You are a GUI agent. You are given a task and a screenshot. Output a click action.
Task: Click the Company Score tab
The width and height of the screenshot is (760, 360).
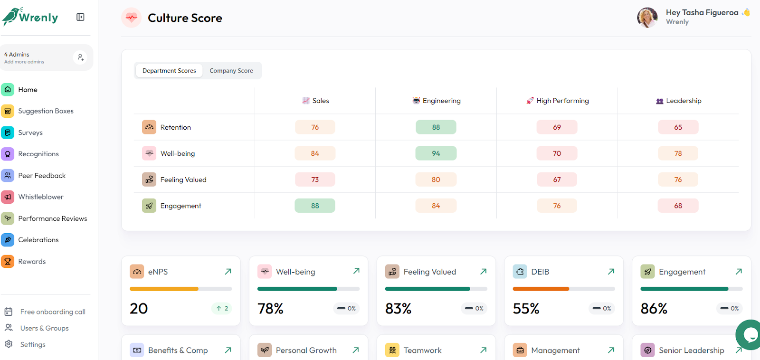pyautogui.click(x=231, y=71)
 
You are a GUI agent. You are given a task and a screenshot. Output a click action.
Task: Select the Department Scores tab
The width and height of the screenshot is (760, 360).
pyautogui.click(x=169, y=71)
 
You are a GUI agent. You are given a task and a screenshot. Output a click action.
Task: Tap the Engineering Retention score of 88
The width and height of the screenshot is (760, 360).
pyautogui.click(x=436, y=127)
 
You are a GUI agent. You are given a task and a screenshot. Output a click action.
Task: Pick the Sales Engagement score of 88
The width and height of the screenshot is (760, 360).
pyautogui.click(x=315, y=206)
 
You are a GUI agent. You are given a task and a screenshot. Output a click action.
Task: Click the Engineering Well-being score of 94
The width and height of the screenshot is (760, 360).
pyautogui.click(x=436, y=153)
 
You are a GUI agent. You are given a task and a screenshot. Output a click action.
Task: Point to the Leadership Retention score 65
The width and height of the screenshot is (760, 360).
pyautogui.click(x=678, y=127)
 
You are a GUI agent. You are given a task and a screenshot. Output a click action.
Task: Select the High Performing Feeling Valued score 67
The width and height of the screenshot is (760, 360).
pyautogui.click(x=557, y=180)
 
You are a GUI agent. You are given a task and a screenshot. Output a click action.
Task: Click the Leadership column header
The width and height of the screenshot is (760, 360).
pyautogui.click(x=679, y=101)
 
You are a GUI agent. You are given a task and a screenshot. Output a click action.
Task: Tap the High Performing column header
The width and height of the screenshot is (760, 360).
pyautogui.click(x=558, y=101)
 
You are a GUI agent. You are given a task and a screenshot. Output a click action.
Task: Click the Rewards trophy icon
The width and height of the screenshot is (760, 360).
pyautogui.click(x=8, y=261)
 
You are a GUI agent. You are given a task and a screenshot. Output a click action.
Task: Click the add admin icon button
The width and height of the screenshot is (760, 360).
pyautogui.click(x=80, y=57)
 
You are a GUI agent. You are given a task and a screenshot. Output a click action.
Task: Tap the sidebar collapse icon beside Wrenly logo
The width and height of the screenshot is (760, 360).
pyautogui.click(x=80, y=17)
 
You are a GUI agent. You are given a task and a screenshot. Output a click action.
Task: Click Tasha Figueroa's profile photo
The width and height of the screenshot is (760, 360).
pyautogui.click(x=647, y=17)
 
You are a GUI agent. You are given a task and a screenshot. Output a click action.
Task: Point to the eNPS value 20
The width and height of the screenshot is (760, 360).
pyautogui.click(x=139, y=308)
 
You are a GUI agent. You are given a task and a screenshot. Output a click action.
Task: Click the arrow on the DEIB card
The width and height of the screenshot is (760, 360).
pyautogui.click(x=611, y=272)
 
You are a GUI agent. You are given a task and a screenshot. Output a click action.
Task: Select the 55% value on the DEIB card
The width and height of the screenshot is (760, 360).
pyautogui.click(x=526, y=308)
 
